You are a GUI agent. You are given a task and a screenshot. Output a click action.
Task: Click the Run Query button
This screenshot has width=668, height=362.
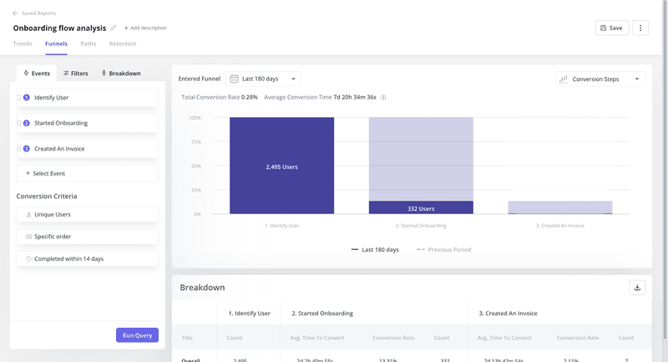(137, 335)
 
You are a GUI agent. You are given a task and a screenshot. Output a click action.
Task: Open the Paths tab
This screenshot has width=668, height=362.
(88, 43)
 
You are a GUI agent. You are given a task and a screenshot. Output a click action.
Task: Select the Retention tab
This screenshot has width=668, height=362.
(123, 43)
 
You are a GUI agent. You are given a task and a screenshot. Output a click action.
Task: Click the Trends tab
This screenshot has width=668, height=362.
(23, 43)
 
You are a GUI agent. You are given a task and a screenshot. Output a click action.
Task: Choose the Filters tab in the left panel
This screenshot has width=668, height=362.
(76, 74)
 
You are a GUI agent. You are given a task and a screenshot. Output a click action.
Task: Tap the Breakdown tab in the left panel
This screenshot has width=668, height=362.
(121, 74)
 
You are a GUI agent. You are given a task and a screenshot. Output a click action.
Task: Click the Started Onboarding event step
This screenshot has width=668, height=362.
(87, 123)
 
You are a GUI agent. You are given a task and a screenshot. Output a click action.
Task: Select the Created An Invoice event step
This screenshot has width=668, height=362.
(87, 149)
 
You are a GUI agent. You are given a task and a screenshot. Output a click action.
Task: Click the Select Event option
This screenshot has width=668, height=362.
(87, 174)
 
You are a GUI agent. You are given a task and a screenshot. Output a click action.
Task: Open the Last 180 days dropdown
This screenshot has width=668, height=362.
(263, 79)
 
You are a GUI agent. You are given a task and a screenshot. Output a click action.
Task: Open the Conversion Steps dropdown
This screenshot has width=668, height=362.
(600, 79)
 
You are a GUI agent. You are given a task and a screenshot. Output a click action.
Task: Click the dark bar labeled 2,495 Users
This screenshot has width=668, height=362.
(281, 166)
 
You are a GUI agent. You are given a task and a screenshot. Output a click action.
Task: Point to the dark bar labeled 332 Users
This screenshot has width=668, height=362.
(421, 208)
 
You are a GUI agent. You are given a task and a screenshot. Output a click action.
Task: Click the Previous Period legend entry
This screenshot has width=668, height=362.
(444, 250)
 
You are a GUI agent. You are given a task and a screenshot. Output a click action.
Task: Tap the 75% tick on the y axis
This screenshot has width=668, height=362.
(195, 142)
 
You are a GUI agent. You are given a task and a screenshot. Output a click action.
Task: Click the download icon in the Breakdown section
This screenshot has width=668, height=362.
(637, 288)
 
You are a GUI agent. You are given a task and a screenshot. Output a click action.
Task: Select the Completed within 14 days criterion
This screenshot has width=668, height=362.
(87, 259)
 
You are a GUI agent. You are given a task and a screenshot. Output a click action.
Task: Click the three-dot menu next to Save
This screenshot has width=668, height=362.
(640, 28)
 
